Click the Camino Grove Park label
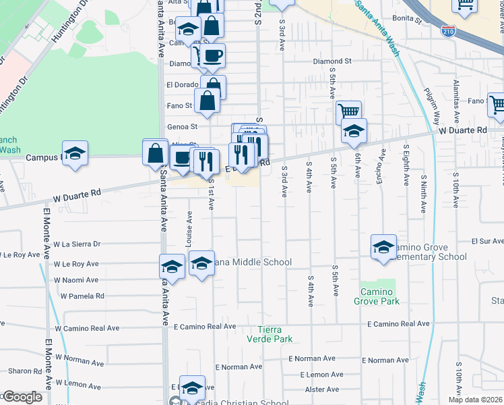coord(377,296)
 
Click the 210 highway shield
coord(449,30)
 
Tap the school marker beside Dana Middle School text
coord(201,263)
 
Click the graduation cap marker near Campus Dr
coord(75,153)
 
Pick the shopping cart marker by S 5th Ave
coord(348,111)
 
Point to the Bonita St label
coord(408,20)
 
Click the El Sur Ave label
coord(488,241)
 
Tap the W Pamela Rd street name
coord(82,296)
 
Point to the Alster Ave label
coord(322,389)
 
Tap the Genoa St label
coord(182,126)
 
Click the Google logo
coord(22,397)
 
